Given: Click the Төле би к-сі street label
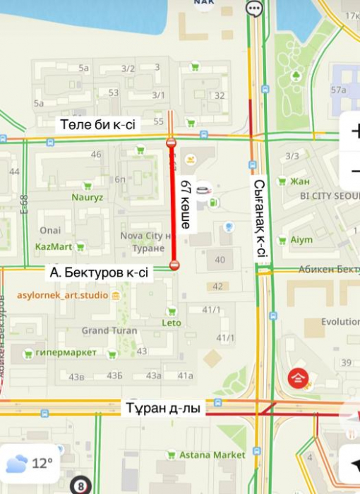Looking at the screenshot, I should click(97, 125).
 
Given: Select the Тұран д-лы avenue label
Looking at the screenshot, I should click(165, 409).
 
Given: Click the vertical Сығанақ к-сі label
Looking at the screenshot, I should click(260, 219).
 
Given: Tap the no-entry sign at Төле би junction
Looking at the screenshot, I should click(171, 143).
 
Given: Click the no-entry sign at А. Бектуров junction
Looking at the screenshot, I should click(174, 265).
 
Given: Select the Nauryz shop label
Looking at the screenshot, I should click(87, 198).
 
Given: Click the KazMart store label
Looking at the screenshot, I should click(54, 247).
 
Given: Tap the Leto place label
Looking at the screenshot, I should click(172, 323).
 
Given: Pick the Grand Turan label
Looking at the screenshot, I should click(104, 330).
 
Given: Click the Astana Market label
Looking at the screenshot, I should click(212, 455).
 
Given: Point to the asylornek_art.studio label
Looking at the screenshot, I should click(64, 295).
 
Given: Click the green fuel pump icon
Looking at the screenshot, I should click(214, 203).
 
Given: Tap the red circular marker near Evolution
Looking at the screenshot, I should click(298, 379).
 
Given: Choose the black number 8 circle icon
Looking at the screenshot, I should click(81, 486).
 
